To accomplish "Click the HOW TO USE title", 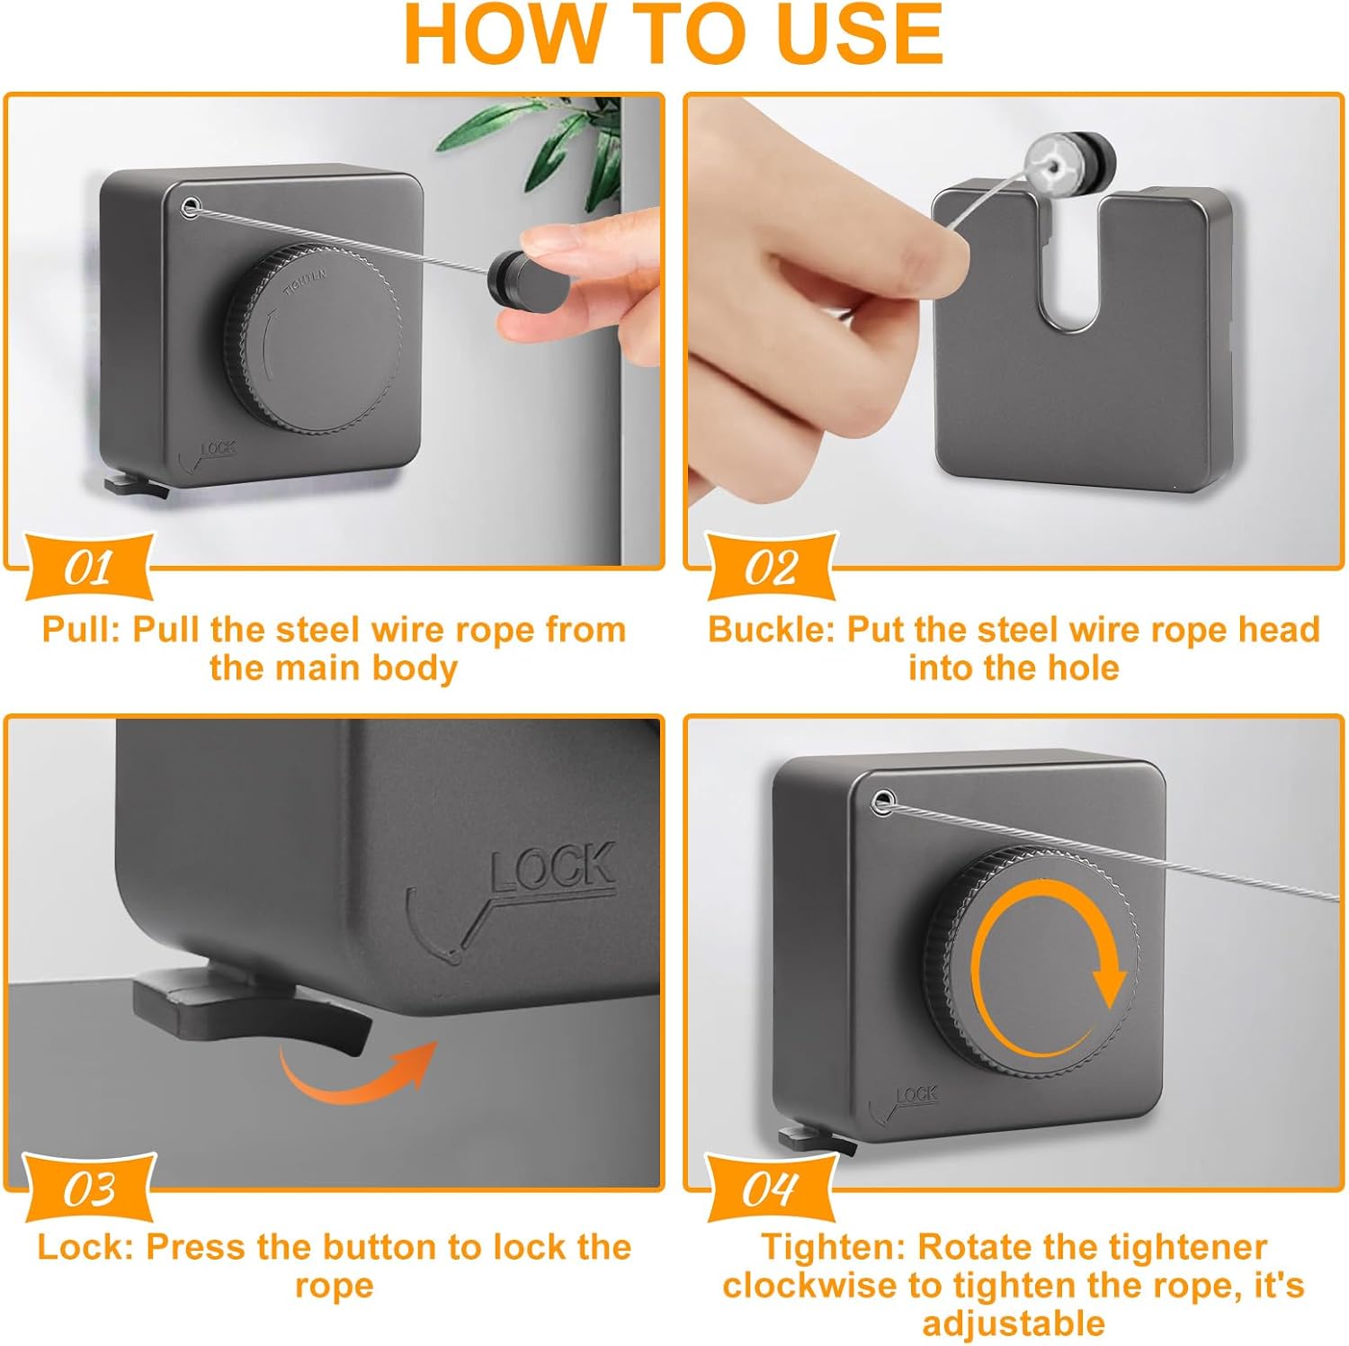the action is pyautogui.click(x=674, y=34).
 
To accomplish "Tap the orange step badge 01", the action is pyautogui.click(x=88, y=567).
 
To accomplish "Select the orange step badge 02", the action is pyautogui.click(x=771, y=567).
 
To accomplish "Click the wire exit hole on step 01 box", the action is pyautogui.click(x=190, y=209).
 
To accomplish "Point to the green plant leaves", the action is pyautogui.click(x=540, y=144).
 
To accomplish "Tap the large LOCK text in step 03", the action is pyautogui.click(x=552, y=867).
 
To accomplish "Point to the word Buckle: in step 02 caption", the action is pyautogui.click(x=772, y=630).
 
